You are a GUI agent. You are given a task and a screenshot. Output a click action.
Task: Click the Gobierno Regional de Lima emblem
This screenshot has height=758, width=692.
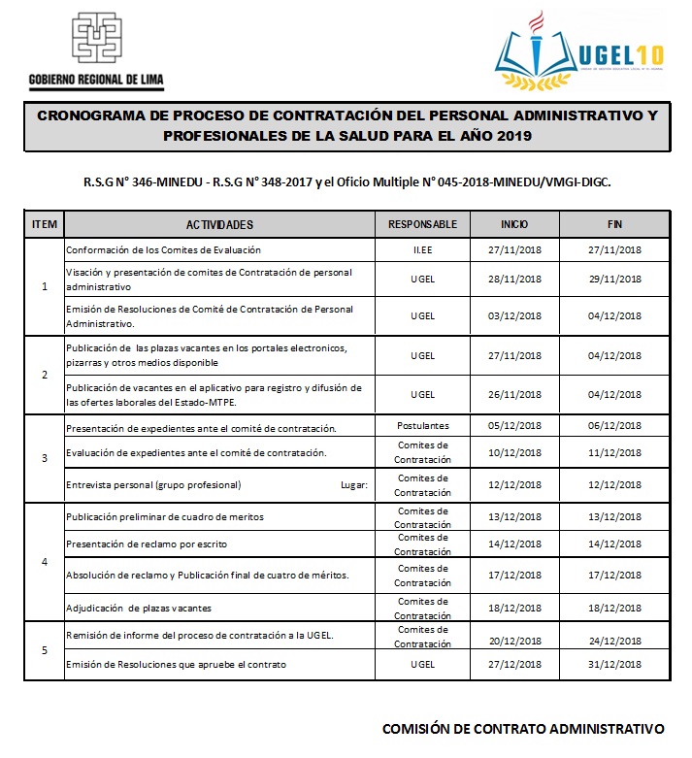[x=97, y=40]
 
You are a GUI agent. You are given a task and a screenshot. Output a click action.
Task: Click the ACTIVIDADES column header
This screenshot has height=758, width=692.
[x=219, y=225]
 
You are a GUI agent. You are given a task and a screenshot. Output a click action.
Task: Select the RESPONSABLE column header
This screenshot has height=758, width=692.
[x=422, y=225]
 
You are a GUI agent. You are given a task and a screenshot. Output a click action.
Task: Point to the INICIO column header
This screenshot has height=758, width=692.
[x=514, y=225]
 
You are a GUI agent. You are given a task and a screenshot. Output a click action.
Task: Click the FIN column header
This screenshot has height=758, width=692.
[x=614, y=225]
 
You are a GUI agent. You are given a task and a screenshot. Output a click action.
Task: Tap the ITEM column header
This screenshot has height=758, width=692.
[x=45, y=225]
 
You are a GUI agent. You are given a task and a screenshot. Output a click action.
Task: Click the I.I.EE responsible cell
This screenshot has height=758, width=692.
[x=422, y=250]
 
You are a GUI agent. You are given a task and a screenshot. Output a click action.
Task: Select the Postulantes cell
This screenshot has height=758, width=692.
[x=422, y=426]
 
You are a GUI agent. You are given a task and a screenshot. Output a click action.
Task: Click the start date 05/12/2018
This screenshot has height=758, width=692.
[x=514, y=427]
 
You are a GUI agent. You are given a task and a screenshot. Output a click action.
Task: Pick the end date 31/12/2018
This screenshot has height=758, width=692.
[x=614, y=665]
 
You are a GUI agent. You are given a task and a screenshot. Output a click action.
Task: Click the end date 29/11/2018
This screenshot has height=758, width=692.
[x=614, y=280]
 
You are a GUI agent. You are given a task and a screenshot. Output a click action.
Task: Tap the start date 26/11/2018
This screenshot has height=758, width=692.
[x=514, y=395]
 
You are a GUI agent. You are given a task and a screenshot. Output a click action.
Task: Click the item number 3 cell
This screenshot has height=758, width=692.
[x=45, y=458]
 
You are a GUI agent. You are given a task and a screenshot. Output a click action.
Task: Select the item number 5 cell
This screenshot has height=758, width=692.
[x=45, y=650]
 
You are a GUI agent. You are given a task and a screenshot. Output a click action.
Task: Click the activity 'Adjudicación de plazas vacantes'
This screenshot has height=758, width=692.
[x=138, y=609]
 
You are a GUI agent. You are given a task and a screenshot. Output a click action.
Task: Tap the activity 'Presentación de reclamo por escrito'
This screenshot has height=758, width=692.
[x=146, y=544]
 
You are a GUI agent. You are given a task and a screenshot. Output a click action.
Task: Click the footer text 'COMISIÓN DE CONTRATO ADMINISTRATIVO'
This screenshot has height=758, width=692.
[x=523, y=728]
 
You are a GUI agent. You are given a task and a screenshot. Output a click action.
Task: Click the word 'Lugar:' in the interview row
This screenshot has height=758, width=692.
[x=354, y=484]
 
